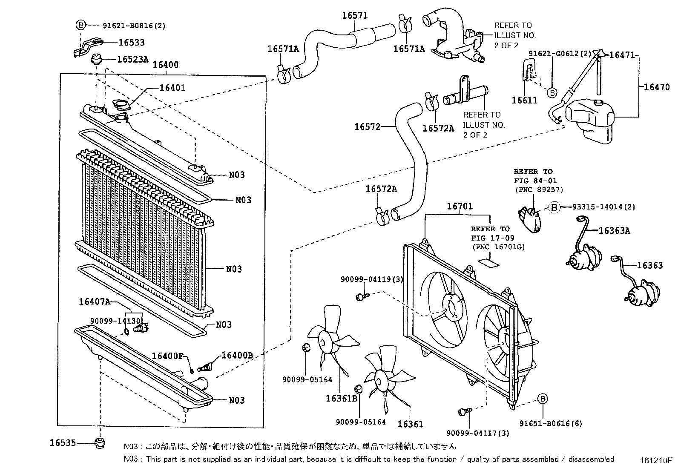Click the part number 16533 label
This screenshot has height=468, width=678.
pyautogui.click(x=131, y=42)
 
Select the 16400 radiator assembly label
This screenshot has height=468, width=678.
pyautogui.click(x=165, y=65)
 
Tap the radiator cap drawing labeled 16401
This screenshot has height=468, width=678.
pyautogui.click(x=120, y=105)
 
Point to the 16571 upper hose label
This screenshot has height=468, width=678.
pyautogui.click(x=355, y=15)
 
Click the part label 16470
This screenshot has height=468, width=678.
pyautogui.click(x=656, y=87)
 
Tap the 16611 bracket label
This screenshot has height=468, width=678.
pyautogui.click(x=524, y=100)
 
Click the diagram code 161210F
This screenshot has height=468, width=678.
pyautogui.click(x=655, y=460)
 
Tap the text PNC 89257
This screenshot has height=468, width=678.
pyautogui.click(x=539, y=189)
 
